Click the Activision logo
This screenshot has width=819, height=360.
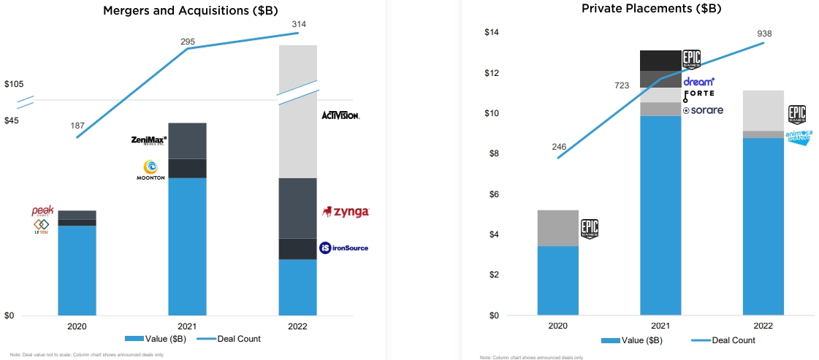(x=340, y=115)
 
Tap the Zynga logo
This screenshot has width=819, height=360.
(x=346, y=212)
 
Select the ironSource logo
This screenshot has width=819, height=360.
(x=343, y=248)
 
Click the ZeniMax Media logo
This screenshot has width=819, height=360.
(x=149, y=140)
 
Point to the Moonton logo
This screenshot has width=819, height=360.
(x=151, y=170)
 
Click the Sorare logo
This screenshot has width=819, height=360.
(x=703, y=110)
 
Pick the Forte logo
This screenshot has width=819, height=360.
(x=698, y=94)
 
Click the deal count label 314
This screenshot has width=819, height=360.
(x=298, y=24)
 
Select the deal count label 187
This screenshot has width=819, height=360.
(x=77, y=126)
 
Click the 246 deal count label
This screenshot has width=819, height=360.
(x=559, y=147)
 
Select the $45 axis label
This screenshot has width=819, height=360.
(x=12, y=120)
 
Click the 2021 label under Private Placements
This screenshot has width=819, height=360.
(x=660, y=326)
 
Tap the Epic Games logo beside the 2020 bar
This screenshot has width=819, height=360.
(x=590, y=229)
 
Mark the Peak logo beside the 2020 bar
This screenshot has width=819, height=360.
(x=42, y=211)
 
